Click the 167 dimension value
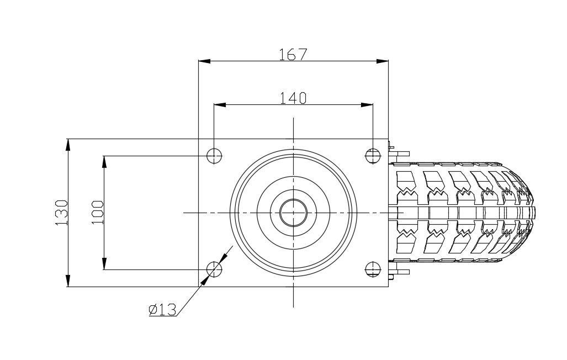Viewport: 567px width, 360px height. coord(293,54)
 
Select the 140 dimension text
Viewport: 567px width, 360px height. coord(293,98)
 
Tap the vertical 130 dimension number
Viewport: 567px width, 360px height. coord(61,213)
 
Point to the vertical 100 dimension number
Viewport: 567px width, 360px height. coord(97,213)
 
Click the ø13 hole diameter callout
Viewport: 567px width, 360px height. coord(162,310)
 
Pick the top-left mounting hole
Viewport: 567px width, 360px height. coord(214,156)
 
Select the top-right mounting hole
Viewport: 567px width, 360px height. coord(373,156)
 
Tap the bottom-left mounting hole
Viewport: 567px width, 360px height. coord(214,269)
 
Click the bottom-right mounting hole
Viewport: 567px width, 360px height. coord(373,269)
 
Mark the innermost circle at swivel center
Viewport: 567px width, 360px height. coord(293,213)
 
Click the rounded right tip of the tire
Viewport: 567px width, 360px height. coord(534,213)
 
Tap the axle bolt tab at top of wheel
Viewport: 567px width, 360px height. coord(399,153)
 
